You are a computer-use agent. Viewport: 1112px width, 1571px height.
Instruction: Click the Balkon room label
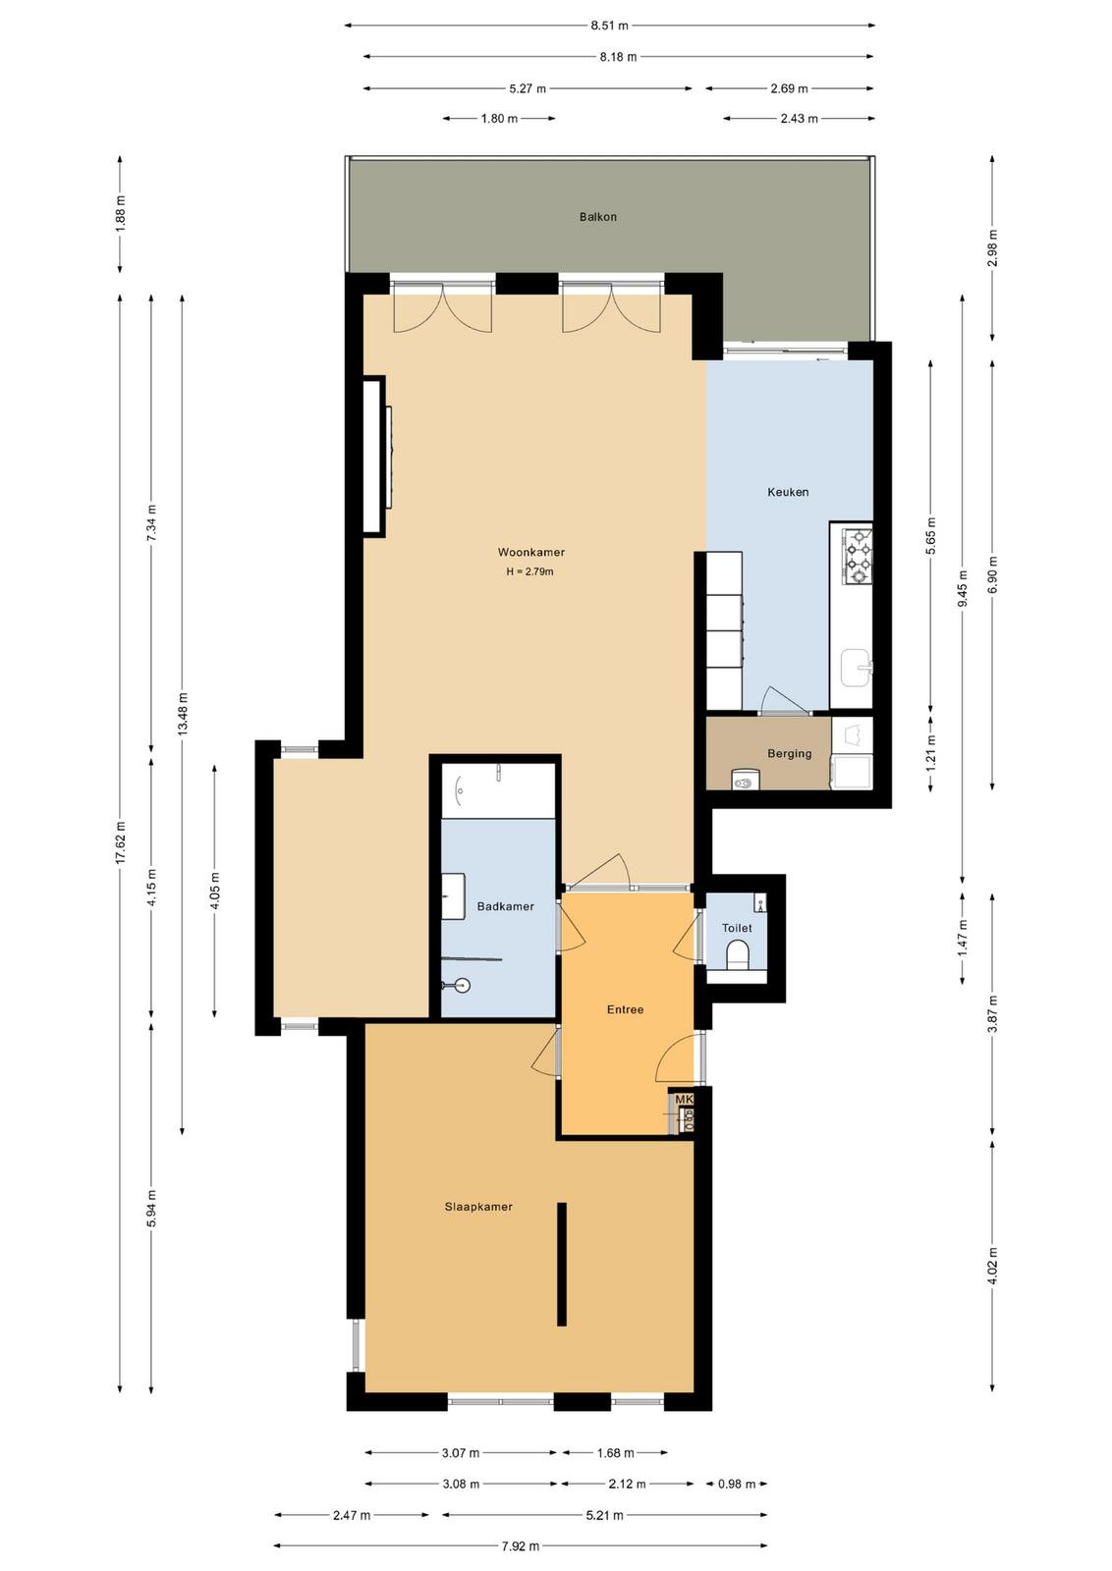tap(597, 217)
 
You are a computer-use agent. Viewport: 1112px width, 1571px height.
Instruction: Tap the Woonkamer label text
tap(531, 553)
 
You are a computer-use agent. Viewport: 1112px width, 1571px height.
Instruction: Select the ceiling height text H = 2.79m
tap(530, 571)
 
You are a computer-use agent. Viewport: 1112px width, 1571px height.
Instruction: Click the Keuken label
tap(788, 492)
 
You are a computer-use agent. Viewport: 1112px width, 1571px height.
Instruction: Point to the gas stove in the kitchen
tap(858, 557)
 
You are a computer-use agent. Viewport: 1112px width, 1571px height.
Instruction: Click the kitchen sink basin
tap(856, 668)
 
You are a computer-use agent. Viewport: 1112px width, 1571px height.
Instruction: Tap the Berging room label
tap(789, 754)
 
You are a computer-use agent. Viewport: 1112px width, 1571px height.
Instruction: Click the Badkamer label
tap(505, 907)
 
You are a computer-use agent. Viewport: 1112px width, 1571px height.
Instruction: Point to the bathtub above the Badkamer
tap(498, 790)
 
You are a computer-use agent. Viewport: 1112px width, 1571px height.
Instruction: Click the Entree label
tap(625, 1010)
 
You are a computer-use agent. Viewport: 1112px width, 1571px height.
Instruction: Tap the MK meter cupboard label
tap(684, 1099)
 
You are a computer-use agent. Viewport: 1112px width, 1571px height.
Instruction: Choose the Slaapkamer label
tap(478, 1207)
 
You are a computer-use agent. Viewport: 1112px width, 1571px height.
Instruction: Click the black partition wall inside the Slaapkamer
tap(561, 1265)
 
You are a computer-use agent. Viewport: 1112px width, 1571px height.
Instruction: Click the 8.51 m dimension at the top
tap(610, 26)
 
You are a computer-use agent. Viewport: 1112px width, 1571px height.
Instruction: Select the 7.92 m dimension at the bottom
tap(521, 1545)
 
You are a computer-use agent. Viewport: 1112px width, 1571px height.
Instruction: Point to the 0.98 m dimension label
tap(737, 1484)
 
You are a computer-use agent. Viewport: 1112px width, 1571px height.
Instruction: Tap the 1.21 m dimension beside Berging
tap(931, 754)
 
